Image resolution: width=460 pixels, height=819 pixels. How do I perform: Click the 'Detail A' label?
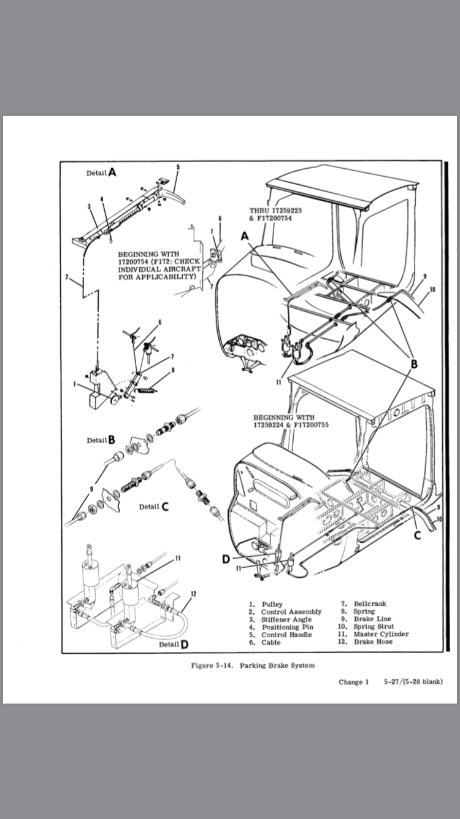(101, 173)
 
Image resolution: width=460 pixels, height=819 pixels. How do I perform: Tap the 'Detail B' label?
(101, 440)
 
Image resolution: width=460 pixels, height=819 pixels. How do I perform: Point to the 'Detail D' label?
(174, 644)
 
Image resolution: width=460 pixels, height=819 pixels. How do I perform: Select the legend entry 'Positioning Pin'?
(282, 627)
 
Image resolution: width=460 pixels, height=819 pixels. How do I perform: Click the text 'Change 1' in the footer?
(354, 681)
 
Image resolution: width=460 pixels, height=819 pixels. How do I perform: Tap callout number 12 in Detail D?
(193, 594)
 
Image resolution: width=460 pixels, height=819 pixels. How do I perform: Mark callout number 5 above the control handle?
(178, 167)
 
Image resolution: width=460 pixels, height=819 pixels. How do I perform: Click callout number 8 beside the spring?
(173, 370)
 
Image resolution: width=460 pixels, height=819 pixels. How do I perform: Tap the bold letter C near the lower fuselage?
(417, 534)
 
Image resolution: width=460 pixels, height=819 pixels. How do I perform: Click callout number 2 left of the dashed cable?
(67, 277)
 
